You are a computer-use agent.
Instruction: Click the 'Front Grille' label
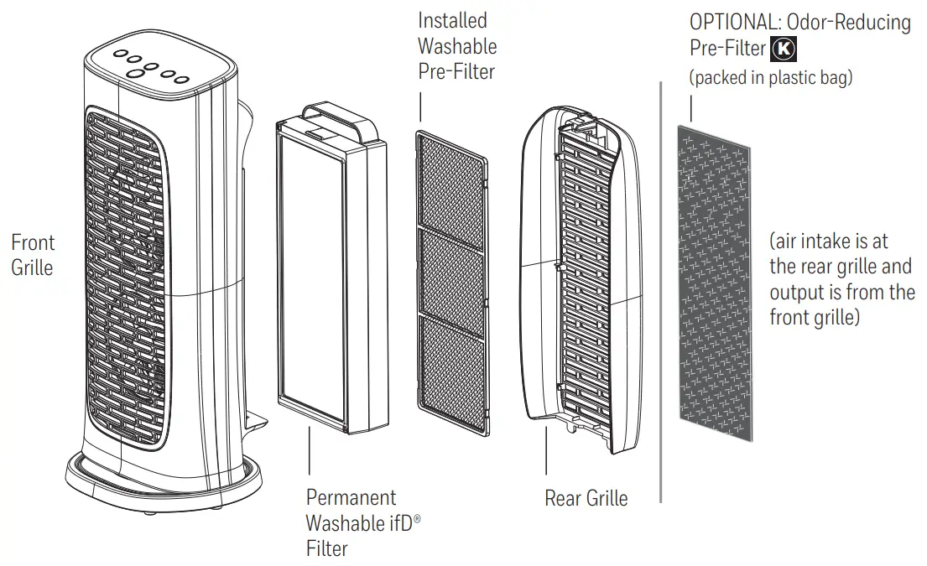pyautogui.click(x=33, y=256)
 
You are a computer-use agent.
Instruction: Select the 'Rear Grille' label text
pyautogui.click(x=586, y=498)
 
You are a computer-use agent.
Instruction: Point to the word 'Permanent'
pyautogui.click(x=351, y=498)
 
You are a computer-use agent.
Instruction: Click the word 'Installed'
pyautogui.click(x=452, y=20)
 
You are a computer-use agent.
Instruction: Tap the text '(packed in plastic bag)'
pyautogui.click(x=770, y=78)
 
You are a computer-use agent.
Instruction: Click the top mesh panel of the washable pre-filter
pyautogui.click(x=451, y=182)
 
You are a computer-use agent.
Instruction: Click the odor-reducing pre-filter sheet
pyautogui.click(x=715, y=285)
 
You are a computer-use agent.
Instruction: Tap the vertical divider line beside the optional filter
pyautogui.click(x=662, y=293)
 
